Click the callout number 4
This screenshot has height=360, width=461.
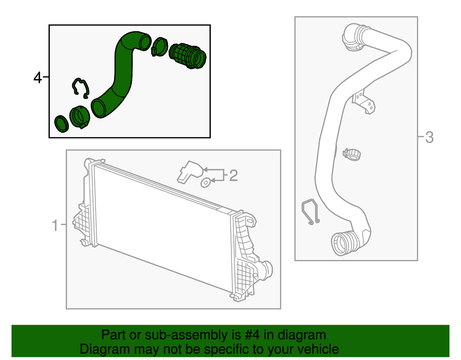38,78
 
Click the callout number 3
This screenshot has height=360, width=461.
429,137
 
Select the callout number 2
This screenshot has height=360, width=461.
233,176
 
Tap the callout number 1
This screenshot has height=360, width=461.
55,225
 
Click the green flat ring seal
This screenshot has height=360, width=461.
61,124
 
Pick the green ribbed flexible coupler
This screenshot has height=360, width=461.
188,56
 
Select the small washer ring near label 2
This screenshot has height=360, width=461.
206,183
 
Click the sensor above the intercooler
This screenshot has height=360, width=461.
189,172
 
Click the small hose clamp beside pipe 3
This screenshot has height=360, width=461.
352,154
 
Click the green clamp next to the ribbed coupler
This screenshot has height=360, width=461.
159,47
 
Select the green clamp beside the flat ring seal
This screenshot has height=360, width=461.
79,117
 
